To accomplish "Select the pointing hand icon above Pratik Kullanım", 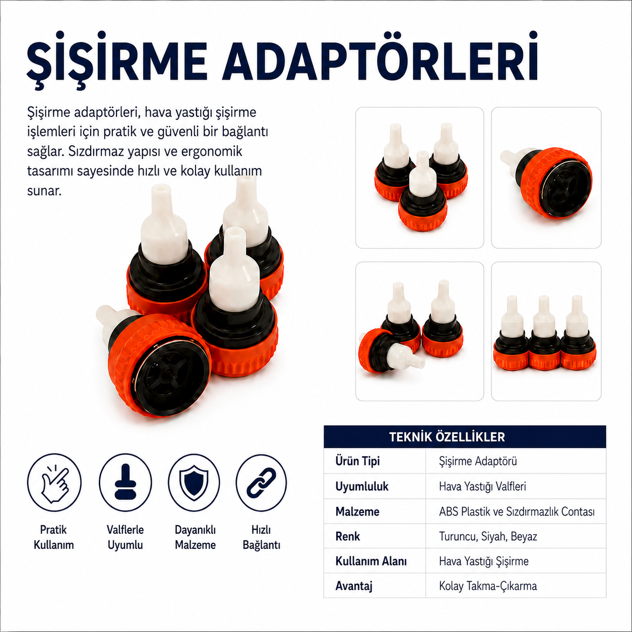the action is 54,482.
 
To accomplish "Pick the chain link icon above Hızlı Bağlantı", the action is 261,482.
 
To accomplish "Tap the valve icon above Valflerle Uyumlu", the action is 125,482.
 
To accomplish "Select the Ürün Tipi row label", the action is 357,461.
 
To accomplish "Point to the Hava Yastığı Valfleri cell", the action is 482,486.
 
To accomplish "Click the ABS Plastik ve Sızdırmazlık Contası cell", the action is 517,512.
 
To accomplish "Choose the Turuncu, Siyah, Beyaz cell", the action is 488,536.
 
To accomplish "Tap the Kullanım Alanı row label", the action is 371,561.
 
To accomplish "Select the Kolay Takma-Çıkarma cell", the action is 488,586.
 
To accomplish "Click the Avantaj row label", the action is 354,586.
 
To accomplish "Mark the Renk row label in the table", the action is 348,536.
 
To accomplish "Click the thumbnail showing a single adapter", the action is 546,177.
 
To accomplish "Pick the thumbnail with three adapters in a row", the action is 546,331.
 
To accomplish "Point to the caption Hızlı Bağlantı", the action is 262,537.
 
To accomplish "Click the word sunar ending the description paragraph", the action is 44,191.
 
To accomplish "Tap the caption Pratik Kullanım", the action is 54,537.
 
